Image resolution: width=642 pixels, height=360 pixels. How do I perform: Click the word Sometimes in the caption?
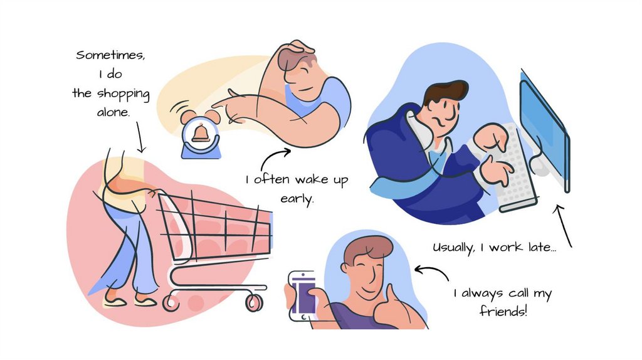(110, 55)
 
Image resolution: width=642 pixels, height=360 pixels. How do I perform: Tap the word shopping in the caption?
(124, 94)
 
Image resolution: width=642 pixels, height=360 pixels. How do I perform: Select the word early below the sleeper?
(297, 199)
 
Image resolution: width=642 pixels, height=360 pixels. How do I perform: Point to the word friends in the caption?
(503, 311)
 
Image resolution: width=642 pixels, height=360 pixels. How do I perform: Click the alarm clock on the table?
(201, 134)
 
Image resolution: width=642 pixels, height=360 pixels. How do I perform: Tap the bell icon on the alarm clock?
(201, 133)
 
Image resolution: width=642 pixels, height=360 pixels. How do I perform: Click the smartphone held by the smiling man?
(303, 295)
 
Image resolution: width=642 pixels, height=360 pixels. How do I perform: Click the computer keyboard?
(514, 168)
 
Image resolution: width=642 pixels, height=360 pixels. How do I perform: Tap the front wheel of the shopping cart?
(255, 303)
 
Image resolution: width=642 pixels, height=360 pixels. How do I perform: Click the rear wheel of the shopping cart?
(171, 303)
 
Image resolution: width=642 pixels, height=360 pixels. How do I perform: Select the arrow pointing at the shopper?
(140, 137)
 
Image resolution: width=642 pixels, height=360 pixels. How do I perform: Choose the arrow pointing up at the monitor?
(562, 226)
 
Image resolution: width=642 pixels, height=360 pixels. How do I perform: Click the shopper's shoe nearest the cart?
(145, 302)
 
